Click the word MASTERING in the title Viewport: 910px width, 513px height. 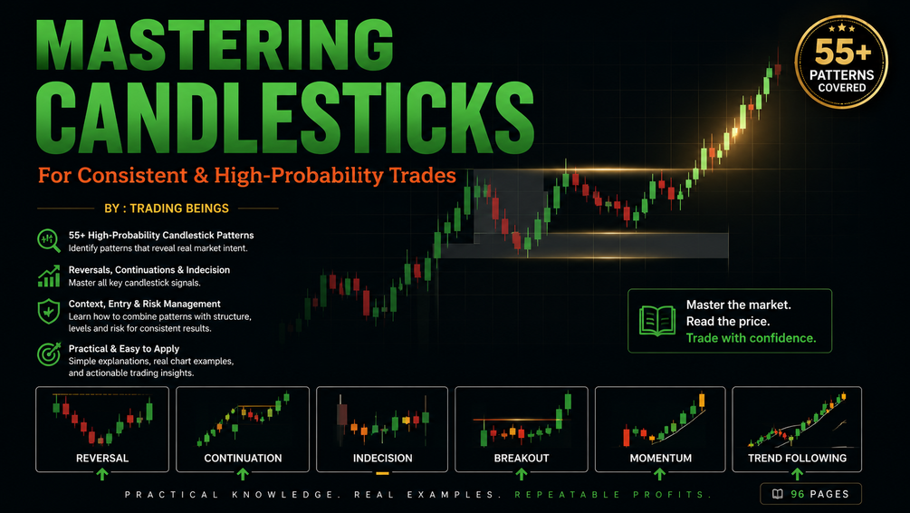[215, 45]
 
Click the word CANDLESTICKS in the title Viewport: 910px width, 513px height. [285, 118]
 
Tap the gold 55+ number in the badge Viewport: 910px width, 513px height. [843, 53]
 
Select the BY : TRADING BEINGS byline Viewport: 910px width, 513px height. [167, 208]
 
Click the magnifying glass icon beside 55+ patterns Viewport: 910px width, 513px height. [49, 240]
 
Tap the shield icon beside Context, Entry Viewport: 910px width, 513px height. [49, 312]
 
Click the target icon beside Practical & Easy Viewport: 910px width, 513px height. [49, 353]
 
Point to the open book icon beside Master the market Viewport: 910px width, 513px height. [657, 321]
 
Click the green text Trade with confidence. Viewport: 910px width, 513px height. [751, 338]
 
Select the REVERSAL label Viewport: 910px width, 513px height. [102, 458]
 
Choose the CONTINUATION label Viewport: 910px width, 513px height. [243, 458]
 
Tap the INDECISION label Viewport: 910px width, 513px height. [382, 458]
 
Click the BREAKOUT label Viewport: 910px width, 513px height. [522, 458]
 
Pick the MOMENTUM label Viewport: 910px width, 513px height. [660, 458]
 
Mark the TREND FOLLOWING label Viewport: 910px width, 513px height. [797, 458]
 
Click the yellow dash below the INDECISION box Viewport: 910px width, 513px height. [382, 473]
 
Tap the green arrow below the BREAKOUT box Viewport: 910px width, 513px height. [522, 474]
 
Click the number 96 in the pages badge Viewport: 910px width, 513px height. [798, 494]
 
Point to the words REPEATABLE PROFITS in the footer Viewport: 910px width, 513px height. [613, 494]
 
